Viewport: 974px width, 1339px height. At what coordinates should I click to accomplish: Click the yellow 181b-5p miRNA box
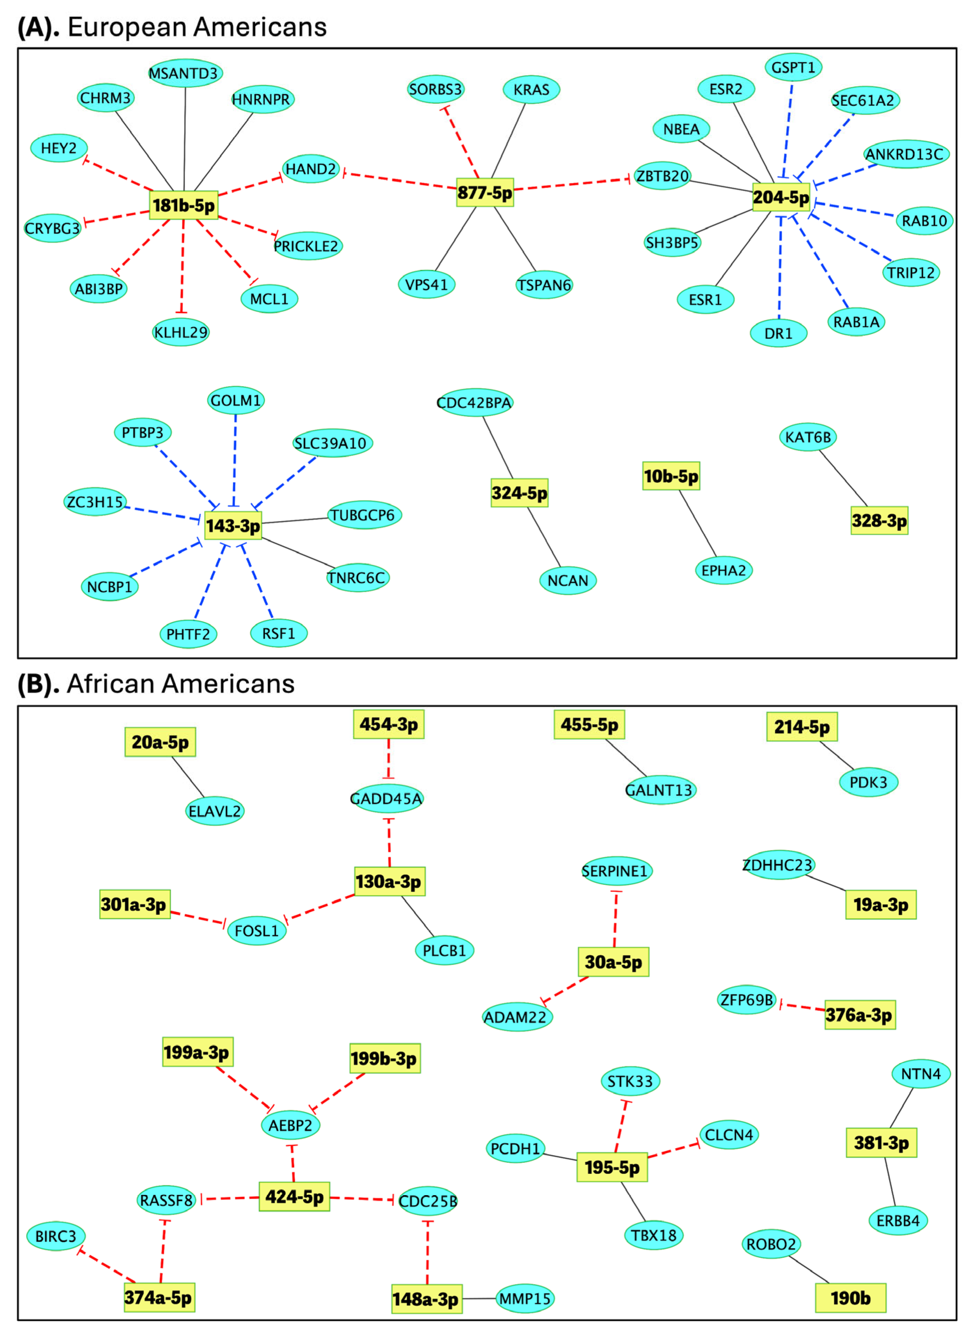183,205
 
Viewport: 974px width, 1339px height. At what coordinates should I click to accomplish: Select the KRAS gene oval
531,90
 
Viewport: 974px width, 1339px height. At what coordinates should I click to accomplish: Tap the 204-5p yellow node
780,197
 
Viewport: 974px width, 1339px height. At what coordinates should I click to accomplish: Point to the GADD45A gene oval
387,799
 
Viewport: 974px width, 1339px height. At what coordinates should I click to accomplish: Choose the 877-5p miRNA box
485,193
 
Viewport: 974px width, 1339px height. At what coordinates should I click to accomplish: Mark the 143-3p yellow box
233,526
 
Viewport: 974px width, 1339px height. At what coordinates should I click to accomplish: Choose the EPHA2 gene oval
723,570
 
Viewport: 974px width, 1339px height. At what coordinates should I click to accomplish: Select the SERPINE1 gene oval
616,871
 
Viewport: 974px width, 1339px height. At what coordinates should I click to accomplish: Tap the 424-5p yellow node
294,1197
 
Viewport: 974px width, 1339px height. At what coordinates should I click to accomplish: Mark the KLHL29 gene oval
181,332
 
